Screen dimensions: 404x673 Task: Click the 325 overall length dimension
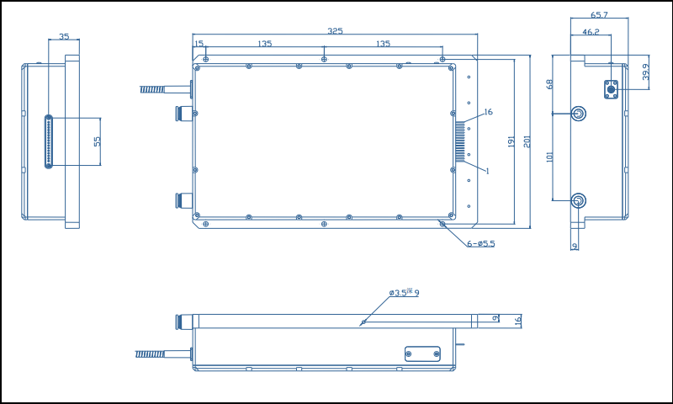(x=335, y=31)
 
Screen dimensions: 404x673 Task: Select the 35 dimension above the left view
(x=64, y=37)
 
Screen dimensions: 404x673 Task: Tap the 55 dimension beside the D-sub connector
(x=97, y=141)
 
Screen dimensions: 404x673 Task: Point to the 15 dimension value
(x=199, y=44)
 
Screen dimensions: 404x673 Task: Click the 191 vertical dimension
(x=511, y=141)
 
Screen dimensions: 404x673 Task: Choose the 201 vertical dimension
(x=527, y=141)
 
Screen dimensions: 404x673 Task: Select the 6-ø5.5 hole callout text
(x=481, y=244)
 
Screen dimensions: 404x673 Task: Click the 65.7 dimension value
(x=599, y=15)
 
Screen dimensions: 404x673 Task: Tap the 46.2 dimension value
(x=591, y=32)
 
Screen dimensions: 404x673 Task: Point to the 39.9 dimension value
(x=646, y=72)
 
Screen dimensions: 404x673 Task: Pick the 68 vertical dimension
(x=549, y=84)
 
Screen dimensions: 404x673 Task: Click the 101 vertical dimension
(x=549, y=157)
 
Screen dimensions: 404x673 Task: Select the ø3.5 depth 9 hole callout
(x=404, y=293)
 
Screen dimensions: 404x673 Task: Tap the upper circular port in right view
(x=579, y=114)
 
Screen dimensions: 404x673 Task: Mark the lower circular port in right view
(x=579, y=200)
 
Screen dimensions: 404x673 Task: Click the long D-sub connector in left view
(x=49, y=141)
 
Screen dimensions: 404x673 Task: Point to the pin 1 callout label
(x=487, y=171)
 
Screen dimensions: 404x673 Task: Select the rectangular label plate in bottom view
(x=422, y=353)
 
